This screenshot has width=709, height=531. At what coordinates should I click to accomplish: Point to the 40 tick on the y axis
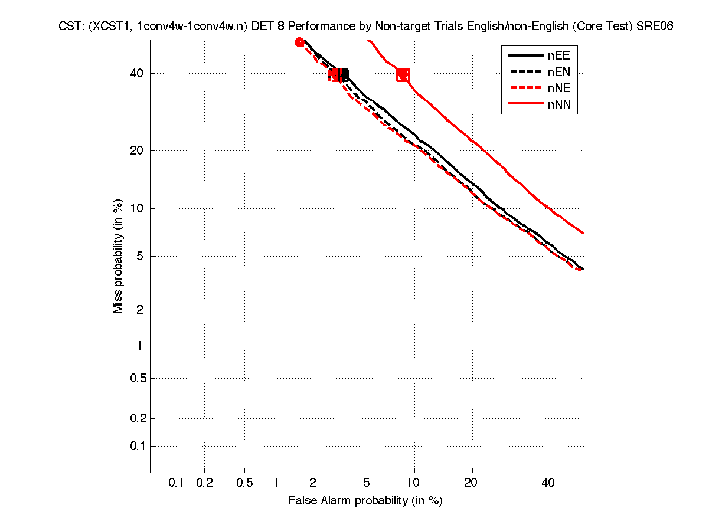136,73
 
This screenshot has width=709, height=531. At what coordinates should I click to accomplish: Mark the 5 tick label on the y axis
140,256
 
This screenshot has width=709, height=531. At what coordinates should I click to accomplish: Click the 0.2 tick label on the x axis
204,483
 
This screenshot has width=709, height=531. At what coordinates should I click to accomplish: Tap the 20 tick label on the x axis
471,483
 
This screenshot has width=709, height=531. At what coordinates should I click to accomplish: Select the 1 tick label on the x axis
277,483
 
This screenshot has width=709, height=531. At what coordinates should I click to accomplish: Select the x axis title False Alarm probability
365,501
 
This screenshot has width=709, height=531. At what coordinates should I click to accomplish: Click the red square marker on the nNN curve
403,75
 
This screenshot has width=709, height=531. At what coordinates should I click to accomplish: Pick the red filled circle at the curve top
299,42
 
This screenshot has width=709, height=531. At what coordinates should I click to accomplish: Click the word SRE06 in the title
655,27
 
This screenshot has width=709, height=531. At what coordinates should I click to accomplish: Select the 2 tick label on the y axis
140,310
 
